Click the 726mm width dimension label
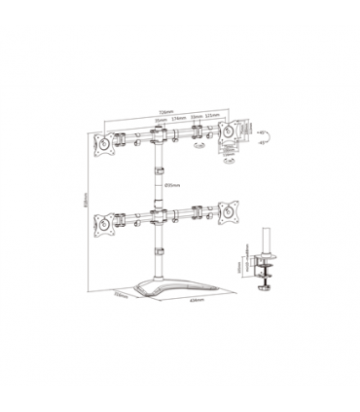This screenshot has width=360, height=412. pos(162,111)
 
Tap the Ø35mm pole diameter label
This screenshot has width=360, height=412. pos(170,183)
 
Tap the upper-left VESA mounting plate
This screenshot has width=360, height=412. pos(102,141)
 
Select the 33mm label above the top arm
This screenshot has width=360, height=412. pos(196,119)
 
